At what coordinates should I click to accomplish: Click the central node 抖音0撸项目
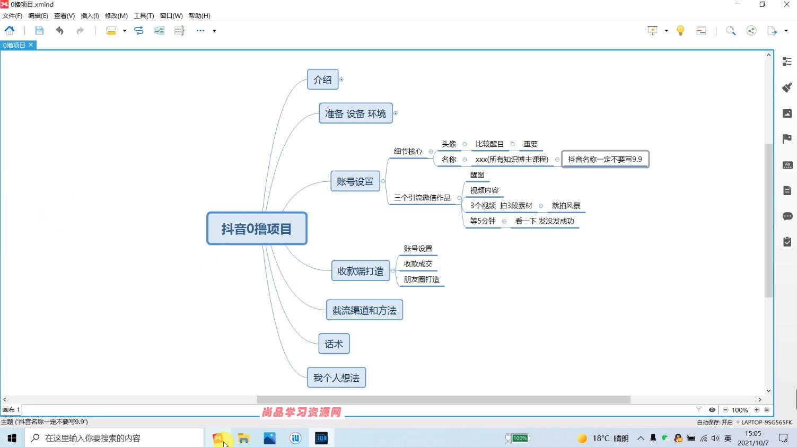(x=257, y=229)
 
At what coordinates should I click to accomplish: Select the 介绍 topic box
(x=323, y=80)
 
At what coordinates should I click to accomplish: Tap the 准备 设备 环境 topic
(x=355, y=113)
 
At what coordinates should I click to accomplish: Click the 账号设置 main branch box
(x=355, y=181)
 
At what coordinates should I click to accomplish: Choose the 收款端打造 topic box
(x=361, y=271)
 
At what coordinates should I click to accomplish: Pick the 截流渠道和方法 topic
(x=364, y=310)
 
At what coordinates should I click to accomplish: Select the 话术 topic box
(x=334, y=344)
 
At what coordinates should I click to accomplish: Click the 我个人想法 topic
(x=336, y=378)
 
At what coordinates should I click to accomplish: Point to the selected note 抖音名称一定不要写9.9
(x=605, y=159)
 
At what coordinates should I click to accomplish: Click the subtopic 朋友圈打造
(x=422, y=279)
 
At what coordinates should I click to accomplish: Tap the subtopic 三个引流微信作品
(x=422, y=198)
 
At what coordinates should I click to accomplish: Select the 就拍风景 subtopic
(x=566, y=205)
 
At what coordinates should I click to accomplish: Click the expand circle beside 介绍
(x=341, y=80)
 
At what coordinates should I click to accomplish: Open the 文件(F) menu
(x=12, y=16)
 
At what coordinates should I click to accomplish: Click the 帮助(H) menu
(x=199, y=16)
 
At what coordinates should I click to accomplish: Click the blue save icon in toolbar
(x=39, y=31)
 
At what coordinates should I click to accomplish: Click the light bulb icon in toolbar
(x=680, y=31)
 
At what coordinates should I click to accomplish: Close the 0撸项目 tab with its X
(x=31, y=45)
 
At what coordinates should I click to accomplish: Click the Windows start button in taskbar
(x=12, y=438)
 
